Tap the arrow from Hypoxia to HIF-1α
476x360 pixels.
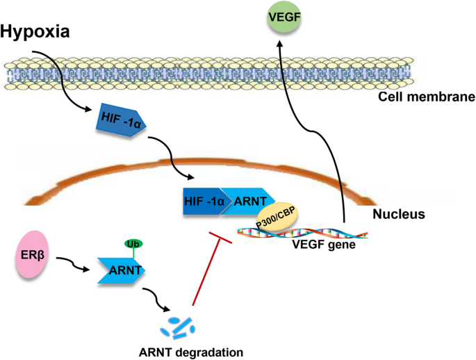[63, 76]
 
